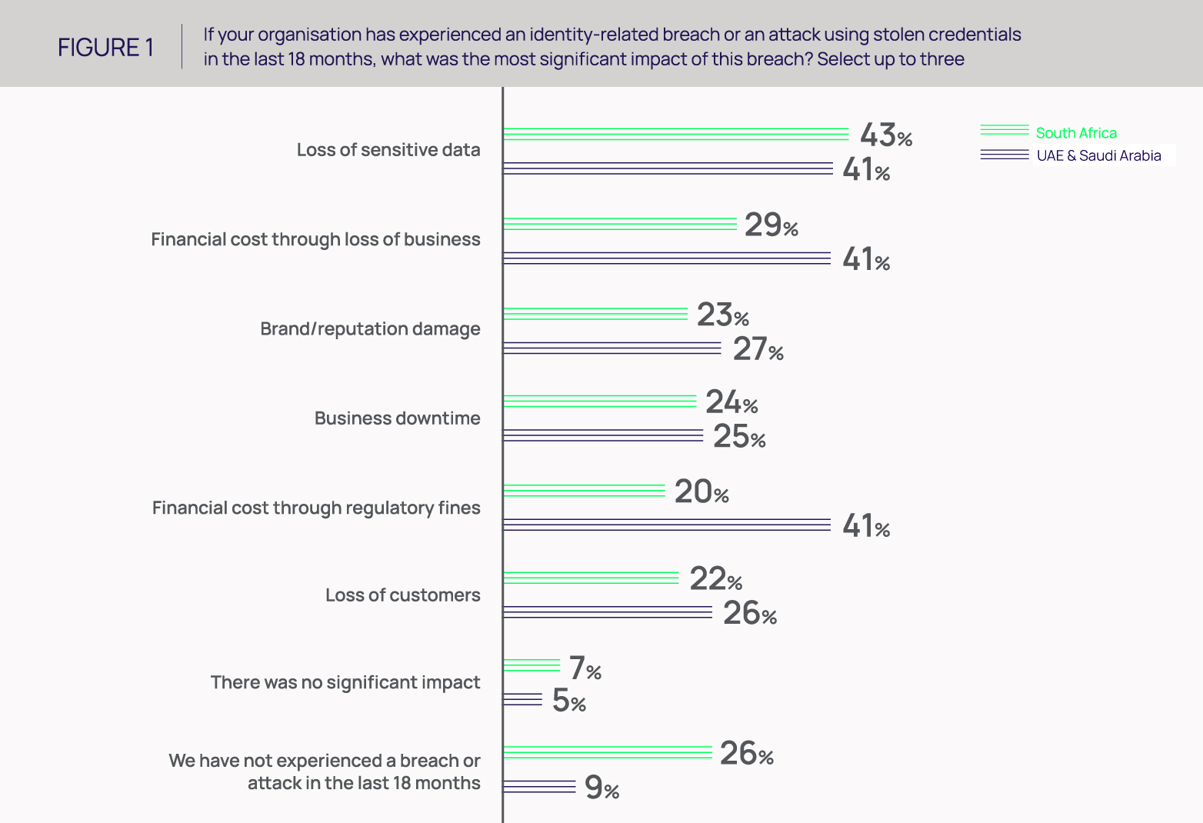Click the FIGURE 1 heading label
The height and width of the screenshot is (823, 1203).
(105, 48)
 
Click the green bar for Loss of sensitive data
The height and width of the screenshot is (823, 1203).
(675, 134)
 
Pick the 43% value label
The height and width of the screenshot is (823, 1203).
(885, 135)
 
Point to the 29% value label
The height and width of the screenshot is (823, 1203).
(771, 225)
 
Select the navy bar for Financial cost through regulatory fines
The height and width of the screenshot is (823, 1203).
(666, 525)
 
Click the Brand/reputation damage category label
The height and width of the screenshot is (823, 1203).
(370, 328)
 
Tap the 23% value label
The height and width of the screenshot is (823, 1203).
(722, 315)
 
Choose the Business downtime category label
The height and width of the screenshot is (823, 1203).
(397, 418)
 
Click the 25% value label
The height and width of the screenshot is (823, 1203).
(738, 437)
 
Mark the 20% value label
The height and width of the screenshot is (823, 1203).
(701, 492)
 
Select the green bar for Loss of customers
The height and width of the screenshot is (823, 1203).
(591, 578)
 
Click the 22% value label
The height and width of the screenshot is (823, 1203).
(715, 579)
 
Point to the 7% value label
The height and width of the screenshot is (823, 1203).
(585, 668)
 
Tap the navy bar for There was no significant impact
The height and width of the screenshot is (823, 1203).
(522, 699)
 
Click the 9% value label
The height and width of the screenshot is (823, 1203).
(601, 788)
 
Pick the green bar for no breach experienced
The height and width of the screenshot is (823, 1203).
(608, 752)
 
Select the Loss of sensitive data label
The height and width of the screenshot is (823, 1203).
(388, 150)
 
